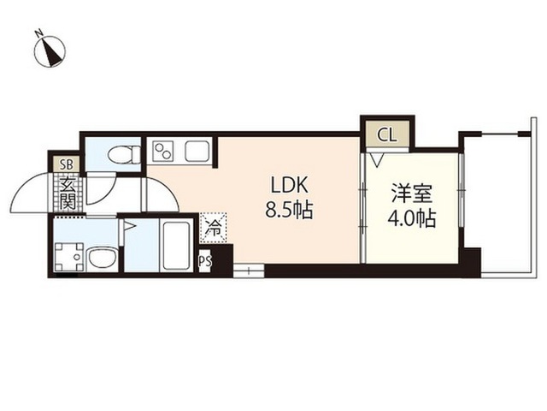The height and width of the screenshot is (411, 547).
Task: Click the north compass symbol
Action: click(50, 51)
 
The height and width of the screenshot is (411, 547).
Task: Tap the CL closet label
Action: click(386, 134)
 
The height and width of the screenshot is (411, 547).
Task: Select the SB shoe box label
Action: click(65, 164)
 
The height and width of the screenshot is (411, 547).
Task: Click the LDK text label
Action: click(288, 185)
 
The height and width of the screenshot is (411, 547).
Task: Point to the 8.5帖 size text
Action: click(288, 210)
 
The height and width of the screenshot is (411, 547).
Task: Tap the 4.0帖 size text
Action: click(411, 219)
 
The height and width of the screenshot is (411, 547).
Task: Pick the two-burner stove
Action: click(162, 152)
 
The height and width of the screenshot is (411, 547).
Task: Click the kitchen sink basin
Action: click(196, 152)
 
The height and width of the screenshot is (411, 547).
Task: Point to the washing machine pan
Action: click(68, 255)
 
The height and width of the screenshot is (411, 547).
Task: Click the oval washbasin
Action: click(103, 257)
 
